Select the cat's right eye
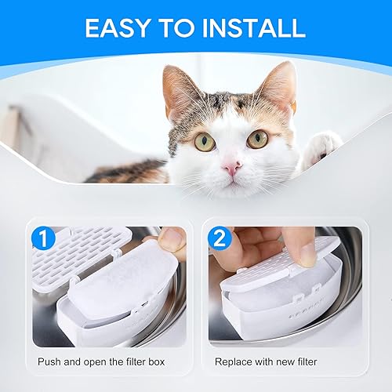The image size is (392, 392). [256, 139]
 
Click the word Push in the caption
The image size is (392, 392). [50, 362]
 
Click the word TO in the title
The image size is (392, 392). [183, 28]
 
